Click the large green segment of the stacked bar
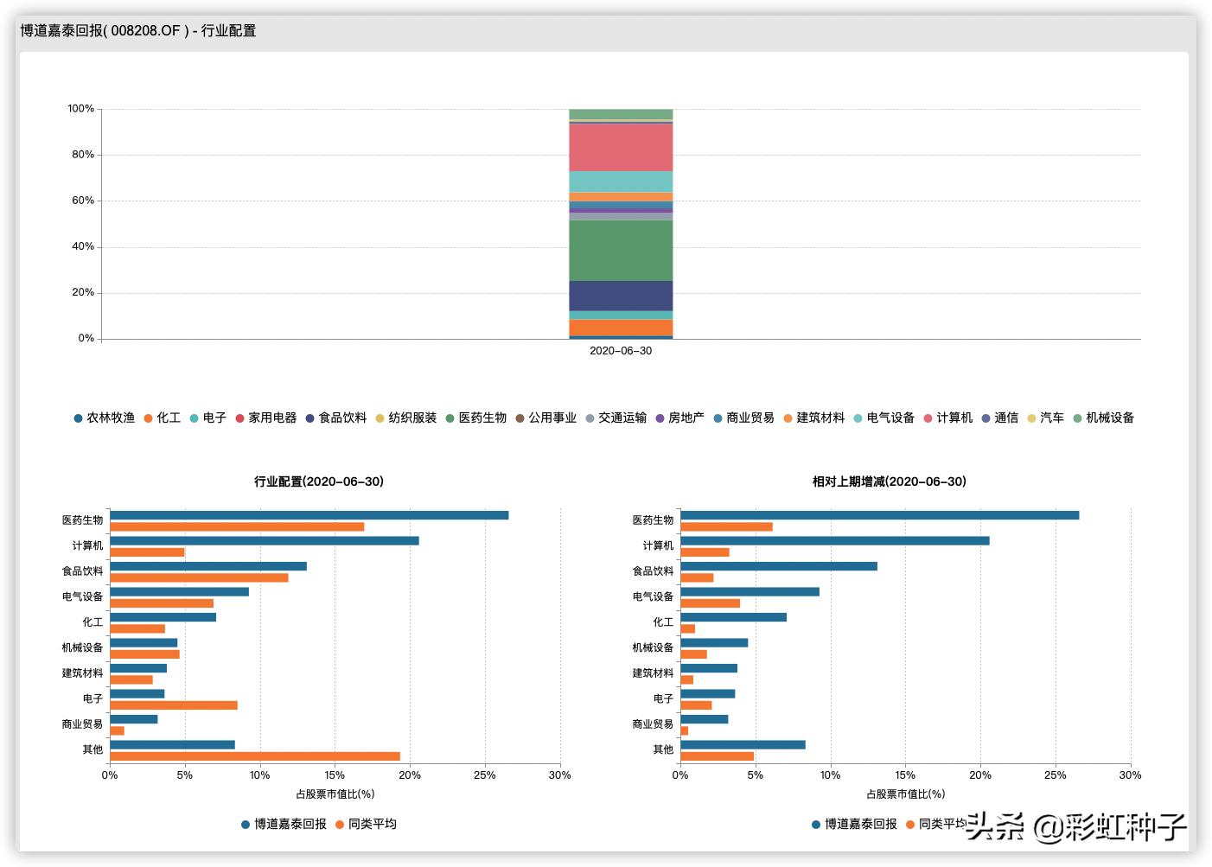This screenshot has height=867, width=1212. click(x=621, y=250)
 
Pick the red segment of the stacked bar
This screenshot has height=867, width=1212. click(x=621, y=147)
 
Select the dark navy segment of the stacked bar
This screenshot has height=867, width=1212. click(x=621, y=296)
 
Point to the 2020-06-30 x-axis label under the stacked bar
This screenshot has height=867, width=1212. click(x=621, y=351)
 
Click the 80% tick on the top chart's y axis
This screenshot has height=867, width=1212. click(x=82, y=155)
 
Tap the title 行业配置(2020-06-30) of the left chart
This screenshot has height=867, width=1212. click(x=319, y=481)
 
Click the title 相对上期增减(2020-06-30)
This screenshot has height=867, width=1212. click(x=890, y=481)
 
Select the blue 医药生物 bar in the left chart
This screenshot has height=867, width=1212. click(x=309, y=515)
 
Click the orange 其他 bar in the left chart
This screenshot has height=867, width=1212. click(x=255, y=756)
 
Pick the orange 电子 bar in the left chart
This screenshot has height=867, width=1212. click(x=174, y=705)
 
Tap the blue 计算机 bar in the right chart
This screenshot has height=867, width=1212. click(x=835, y=541)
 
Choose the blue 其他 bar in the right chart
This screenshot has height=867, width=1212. click(x=743, y=744)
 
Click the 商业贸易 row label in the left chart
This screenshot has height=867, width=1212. click(x=82, y=724)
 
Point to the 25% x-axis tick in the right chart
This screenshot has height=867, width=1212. click(x=1055, y=775)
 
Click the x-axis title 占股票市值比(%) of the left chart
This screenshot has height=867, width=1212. click(x=335, y=794)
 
